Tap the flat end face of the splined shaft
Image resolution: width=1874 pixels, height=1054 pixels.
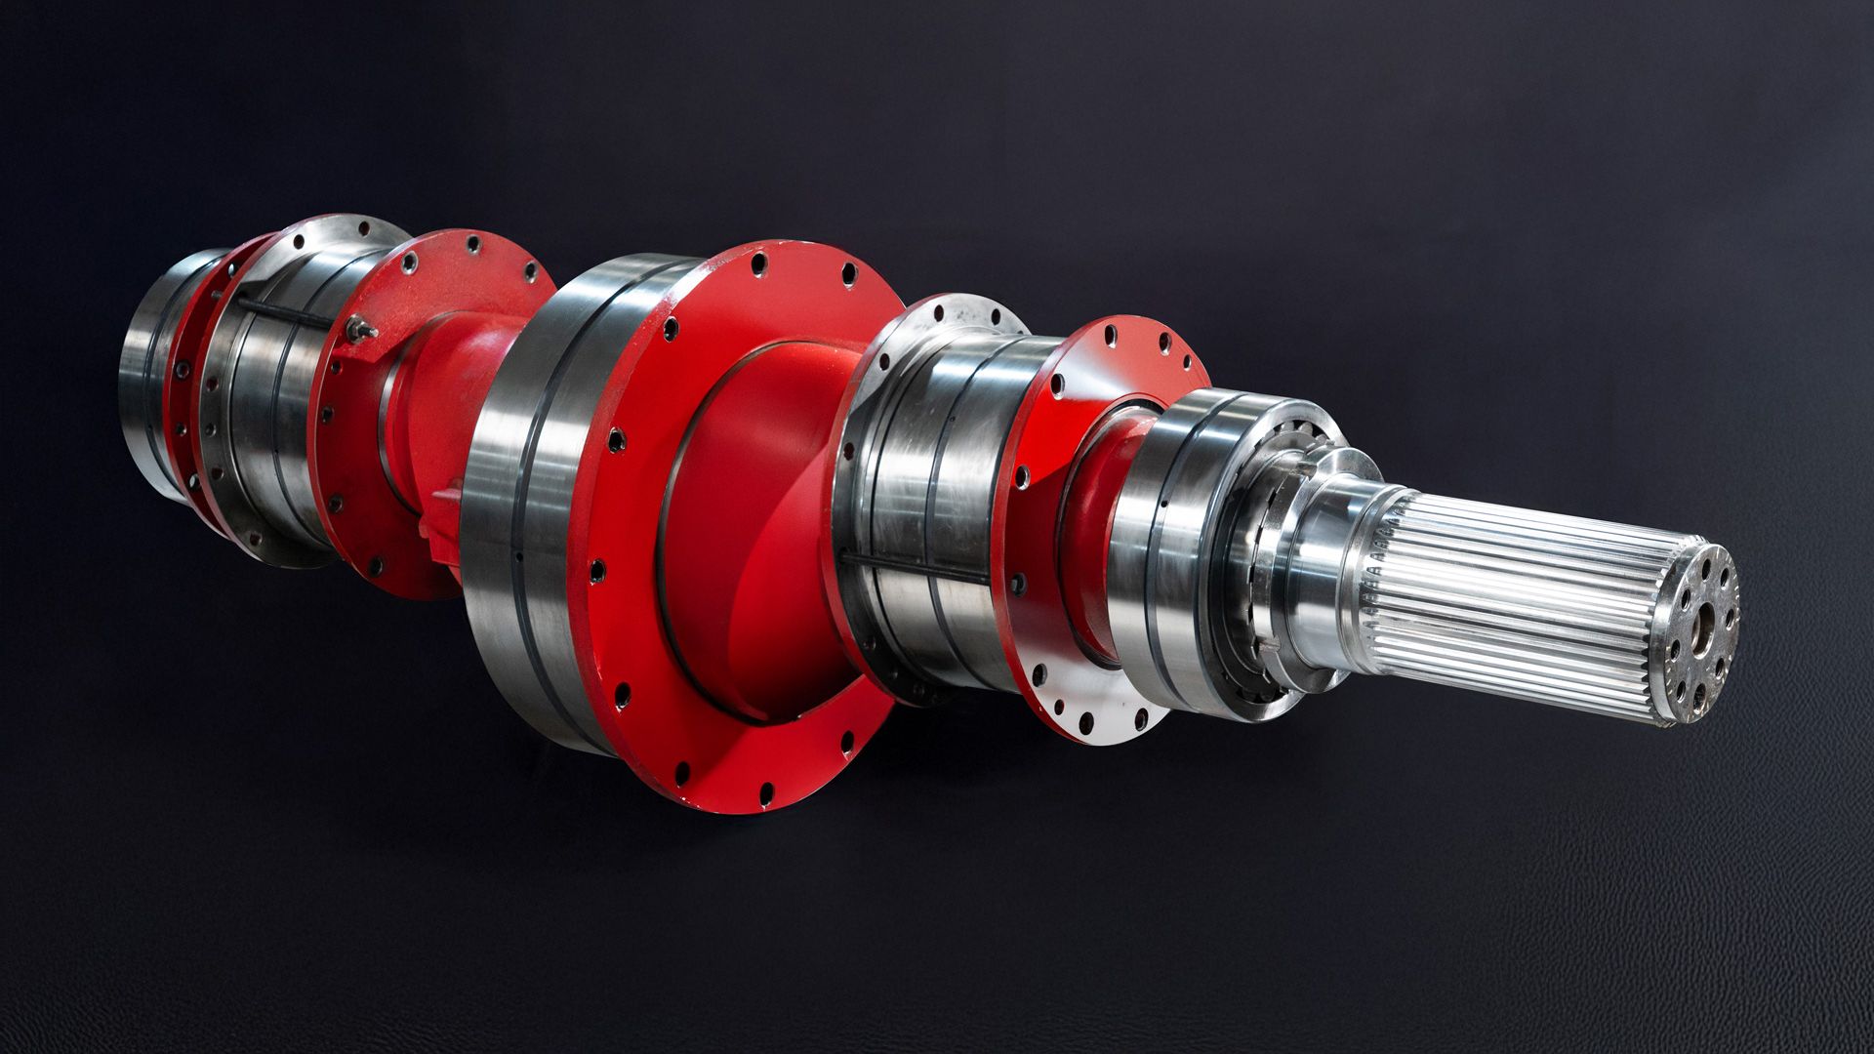point(1693,634)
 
